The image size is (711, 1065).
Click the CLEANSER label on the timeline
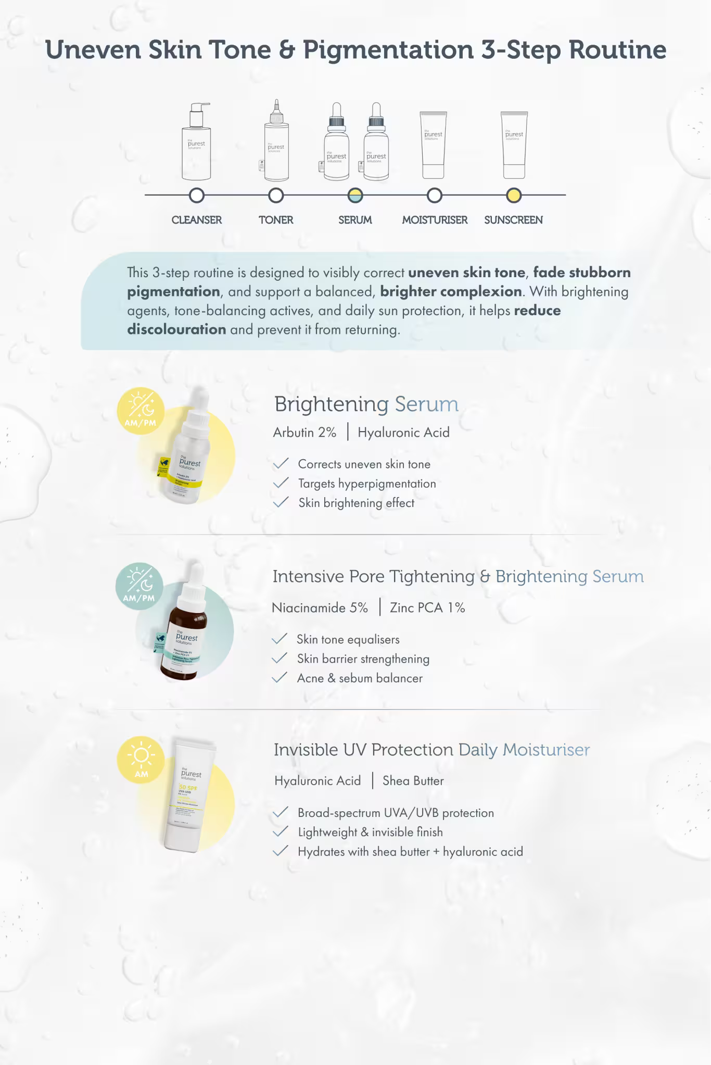[x=197, y=220]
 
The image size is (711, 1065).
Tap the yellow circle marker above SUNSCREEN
[x=514, y=196]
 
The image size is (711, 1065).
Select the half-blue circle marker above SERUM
[x=355, y=196]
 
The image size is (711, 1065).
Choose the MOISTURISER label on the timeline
[x=435, y=220]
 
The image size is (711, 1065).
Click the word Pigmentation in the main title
[x=388, y=50]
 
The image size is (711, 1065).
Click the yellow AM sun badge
[x=141, y=760]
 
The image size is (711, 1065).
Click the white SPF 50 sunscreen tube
[x=186, y=796]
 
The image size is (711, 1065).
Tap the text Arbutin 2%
[x=304, y=433]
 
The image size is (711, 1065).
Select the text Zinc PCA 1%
[x=427, y=608]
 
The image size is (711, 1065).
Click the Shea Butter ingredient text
[x=413, y=781]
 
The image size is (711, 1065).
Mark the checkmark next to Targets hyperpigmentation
[x=281, y=483]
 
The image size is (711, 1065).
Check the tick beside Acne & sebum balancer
[x=280, y=678]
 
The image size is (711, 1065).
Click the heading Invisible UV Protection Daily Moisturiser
[x=431, y=750]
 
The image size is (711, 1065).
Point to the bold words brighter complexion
[x=451, y=292]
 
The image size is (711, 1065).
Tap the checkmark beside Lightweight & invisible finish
[x=280, y=832]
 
